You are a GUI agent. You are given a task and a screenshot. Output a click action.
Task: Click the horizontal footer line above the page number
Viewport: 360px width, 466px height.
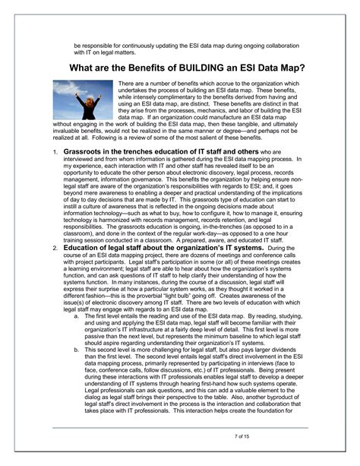tap(180, 427)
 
